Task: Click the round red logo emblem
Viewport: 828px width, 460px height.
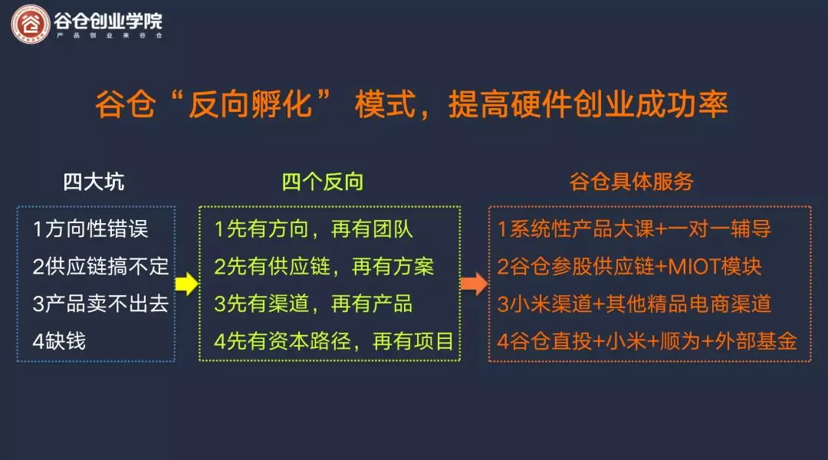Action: click(31, 25)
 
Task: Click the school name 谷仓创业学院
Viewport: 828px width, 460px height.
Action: click(108, 21)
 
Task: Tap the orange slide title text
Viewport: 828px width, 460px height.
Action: click(412, 104)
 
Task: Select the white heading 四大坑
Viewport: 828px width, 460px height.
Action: click(94, 182)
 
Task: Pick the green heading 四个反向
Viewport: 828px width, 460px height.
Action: click(323, 182)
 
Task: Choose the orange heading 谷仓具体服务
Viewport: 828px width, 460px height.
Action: click(632, 182)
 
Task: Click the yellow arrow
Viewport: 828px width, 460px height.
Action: click(186, 284)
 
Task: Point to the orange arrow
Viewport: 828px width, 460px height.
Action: click(475, 284)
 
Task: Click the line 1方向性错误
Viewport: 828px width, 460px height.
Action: click(90, 228)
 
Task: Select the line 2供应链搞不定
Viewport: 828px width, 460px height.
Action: click(100, 266)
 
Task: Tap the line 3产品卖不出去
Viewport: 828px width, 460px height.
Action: click(100, 304)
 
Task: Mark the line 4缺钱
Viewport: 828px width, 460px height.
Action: click(59, 341)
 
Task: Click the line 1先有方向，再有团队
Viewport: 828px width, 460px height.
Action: click(314, 228)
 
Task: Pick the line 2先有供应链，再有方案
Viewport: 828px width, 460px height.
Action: click(324, 266)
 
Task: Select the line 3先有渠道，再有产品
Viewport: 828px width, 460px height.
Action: click(314, 304)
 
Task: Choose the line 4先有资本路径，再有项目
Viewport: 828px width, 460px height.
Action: click(334, 341)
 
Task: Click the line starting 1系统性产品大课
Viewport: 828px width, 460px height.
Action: click(634, 228)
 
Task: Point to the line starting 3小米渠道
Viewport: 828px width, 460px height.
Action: click(634, 304)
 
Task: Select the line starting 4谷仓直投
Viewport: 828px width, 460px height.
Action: click(647, 341)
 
